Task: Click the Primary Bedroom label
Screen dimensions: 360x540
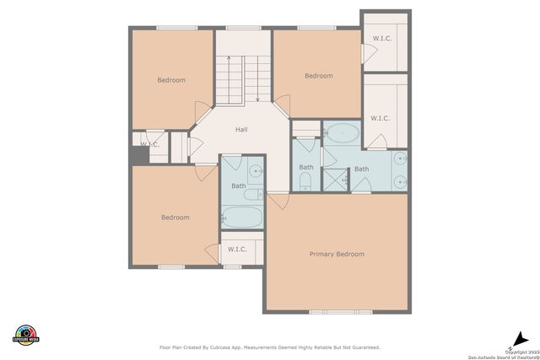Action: pos(337,254)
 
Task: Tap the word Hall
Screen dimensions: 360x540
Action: pos(241,130)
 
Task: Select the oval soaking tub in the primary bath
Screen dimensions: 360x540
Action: pos(342,132)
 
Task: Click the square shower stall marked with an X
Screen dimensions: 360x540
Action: pos(335,179)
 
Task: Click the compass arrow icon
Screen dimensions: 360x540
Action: pos(512,334)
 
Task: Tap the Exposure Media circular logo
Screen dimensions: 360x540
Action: pos(27,334)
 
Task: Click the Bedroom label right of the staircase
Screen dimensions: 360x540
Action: pos(318,76)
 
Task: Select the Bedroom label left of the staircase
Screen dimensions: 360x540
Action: pos(171,80)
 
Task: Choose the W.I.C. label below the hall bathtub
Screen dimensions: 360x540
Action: pos(236,249)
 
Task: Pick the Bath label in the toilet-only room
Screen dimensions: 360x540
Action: pos(305,166)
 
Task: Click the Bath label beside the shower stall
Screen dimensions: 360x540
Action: pos(361,169)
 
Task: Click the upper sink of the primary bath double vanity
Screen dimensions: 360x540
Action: pos(400,159)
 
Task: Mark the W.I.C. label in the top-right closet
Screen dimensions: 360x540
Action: pos(381,39)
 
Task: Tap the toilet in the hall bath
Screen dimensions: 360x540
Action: pos(251,196)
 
